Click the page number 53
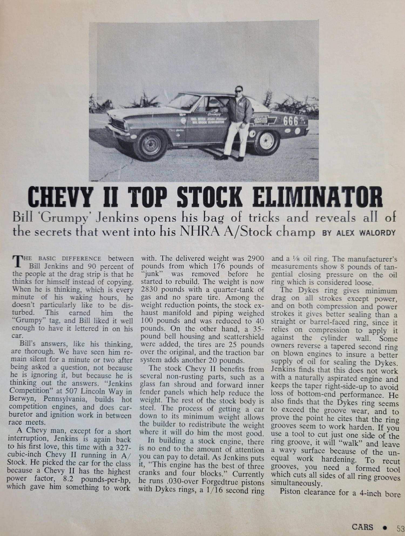pos(400,527)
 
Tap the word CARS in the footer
pos(362,527)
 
